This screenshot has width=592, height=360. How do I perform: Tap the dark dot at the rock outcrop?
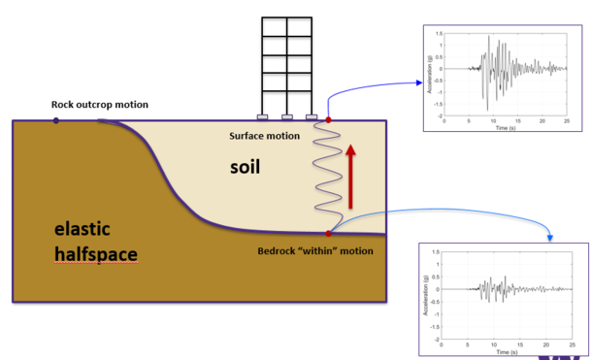[56, 120]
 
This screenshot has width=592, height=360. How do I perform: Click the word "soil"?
[246, 166]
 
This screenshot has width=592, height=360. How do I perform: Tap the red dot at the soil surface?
[329, 120]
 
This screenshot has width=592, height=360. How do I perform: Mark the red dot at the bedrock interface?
[329, 234]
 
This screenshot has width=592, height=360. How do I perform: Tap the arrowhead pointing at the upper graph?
[412, 83]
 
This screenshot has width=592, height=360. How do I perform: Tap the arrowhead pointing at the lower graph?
[551, 239]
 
